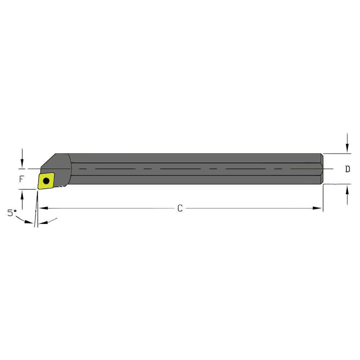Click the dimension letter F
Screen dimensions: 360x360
pos(22,178)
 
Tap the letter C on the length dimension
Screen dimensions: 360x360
pos(180,208)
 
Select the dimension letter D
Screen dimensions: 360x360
pos(347,169)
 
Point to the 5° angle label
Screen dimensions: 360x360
pos(12,213)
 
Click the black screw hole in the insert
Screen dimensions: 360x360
pos(46,180)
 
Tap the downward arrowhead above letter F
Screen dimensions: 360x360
pos(22,164)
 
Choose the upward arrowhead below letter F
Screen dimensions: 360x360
pos(22,194)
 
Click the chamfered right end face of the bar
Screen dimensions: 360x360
pos(322,169)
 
